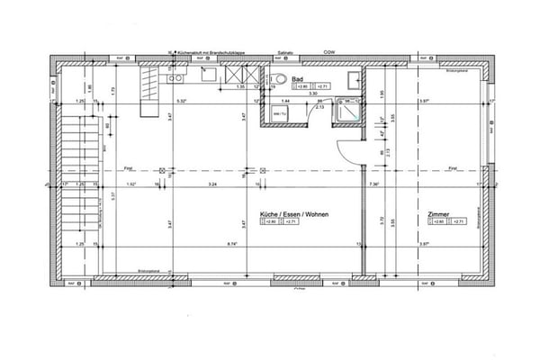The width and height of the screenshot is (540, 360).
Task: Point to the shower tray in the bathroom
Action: pyautogui.click(x=347, y=112)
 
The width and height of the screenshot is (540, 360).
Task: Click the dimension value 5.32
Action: pyautogui.click(x=182, y=101)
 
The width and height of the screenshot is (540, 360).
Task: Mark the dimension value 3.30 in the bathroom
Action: pyautogui.click(x=313, y=94)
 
